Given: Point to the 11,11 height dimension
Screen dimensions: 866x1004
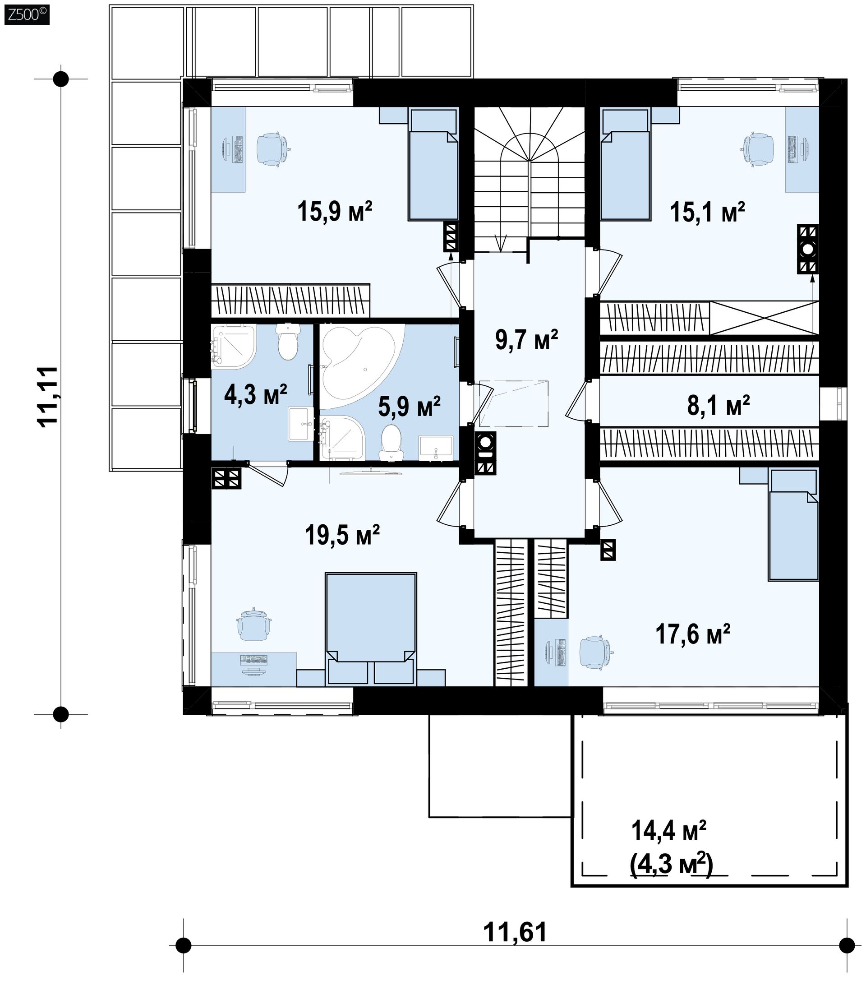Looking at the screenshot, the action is coord(48,396).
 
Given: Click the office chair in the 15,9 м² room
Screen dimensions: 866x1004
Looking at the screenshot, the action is coord(273,148).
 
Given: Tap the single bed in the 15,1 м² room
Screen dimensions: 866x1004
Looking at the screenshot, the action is coord(625,165).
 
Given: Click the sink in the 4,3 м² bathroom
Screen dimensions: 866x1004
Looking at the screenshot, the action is coord(301,424).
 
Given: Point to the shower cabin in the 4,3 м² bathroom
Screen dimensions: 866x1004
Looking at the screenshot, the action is coord(234,345).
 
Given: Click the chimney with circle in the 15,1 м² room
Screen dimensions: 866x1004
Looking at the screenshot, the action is coord(808,250).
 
